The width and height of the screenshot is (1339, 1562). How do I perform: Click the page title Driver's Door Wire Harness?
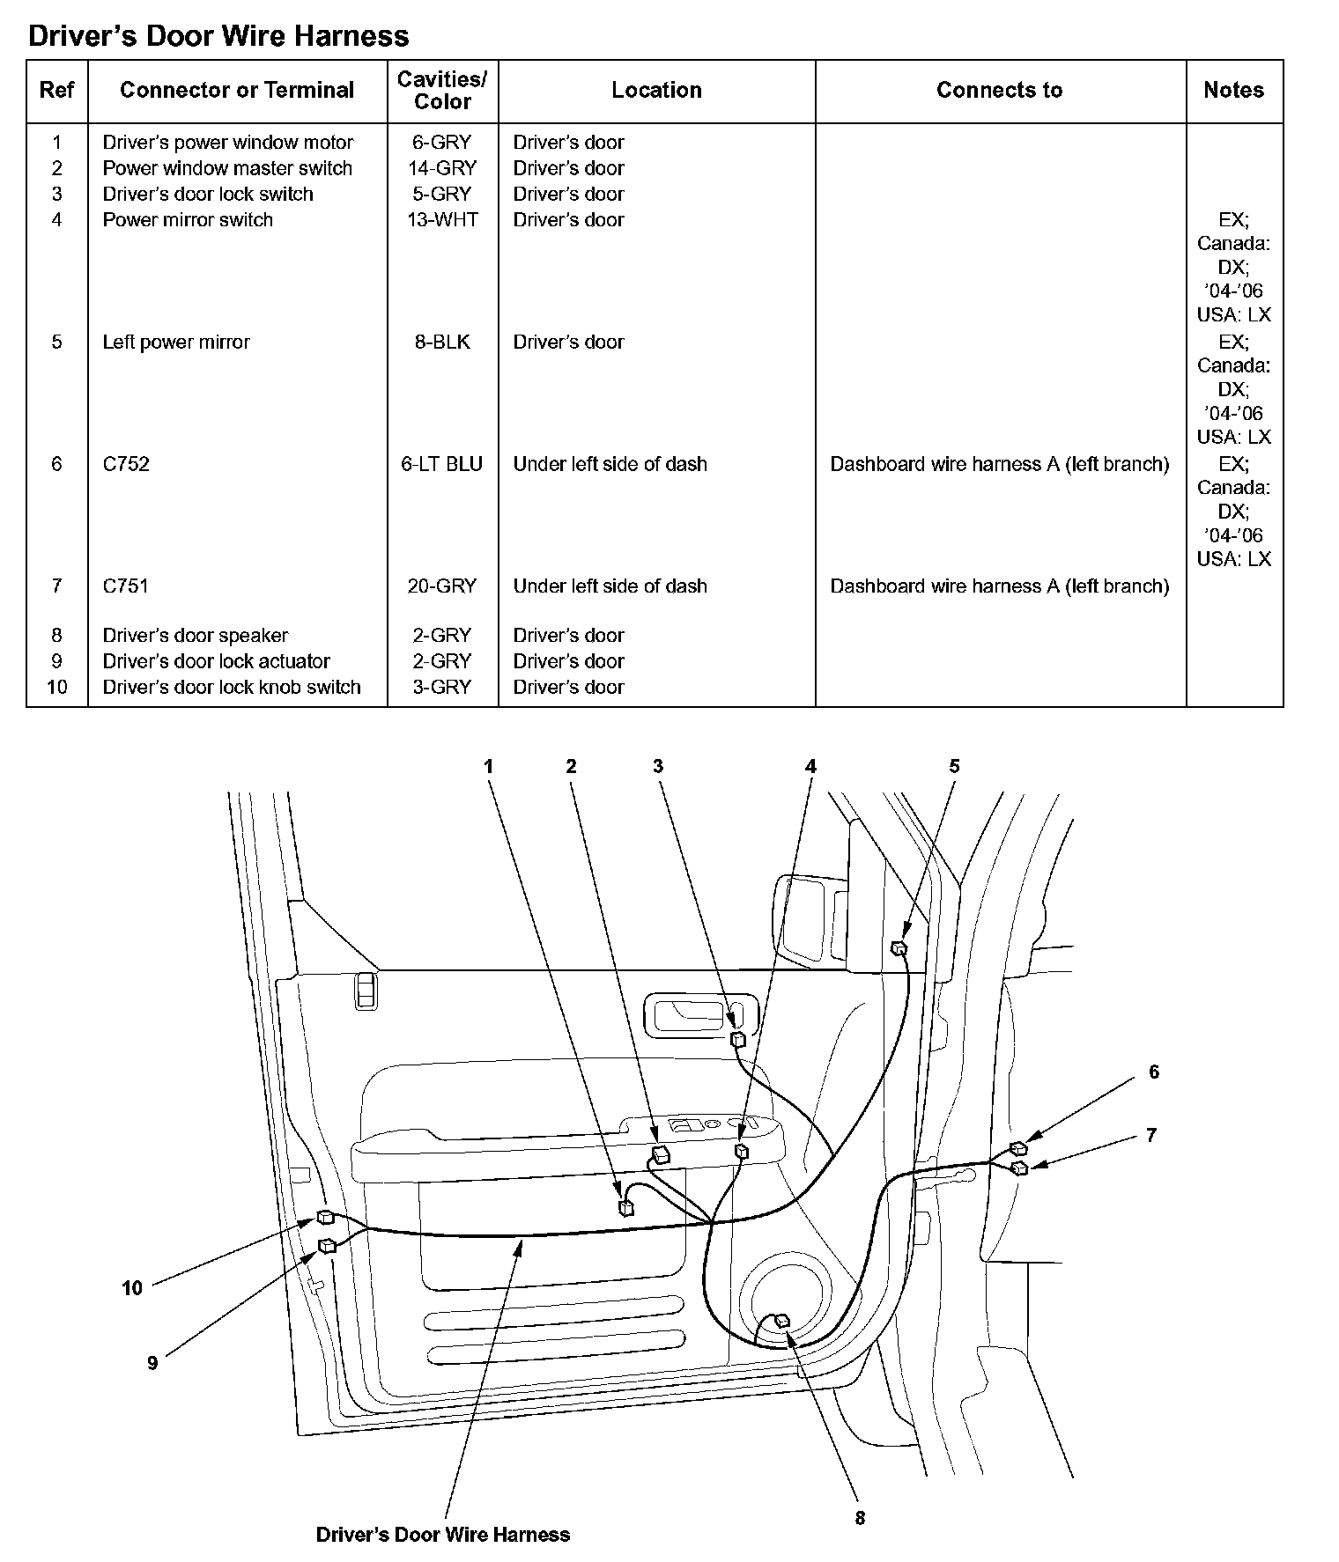218,36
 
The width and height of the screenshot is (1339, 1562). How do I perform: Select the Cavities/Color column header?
442,91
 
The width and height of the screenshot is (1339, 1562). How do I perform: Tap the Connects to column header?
999,91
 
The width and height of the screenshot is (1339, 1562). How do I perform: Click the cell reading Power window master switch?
227,168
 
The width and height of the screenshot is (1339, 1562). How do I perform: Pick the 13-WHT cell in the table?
442,220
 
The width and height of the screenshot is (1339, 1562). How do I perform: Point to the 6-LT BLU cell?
442,464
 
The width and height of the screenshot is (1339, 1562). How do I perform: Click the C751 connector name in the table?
126,586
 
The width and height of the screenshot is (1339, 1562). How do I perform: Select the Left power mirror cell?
176,343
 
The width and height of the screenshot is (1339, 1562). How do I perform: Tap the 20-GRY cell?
442,586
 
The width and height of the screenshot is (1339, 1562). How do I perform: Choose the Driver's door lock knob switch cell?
232,688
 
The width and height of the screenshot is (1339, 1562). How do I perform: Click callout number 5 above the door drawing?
954,767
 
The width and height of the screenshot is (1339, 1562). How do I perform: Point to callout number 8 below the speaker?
860,1518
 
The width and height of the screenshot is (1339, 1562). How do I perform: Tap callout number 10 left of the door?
132,1289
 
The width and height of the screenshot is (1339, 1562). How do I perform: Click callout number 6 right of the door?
1154,1072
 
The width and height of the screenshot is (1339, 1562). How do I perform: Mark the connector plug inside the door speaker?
780,1321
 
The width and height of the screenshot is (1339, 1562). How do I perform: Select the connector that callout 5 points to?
899,948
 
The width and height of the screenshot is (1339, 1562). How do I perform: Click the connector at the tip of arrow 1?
626,1207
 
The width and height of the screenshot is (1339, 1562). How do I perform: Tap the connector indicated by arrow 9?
327,1245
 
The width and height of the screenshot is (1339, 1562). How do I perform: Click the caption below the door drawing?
442,1535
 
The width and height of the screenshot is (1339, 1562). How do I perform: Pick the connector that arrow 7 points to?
1020,1168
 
